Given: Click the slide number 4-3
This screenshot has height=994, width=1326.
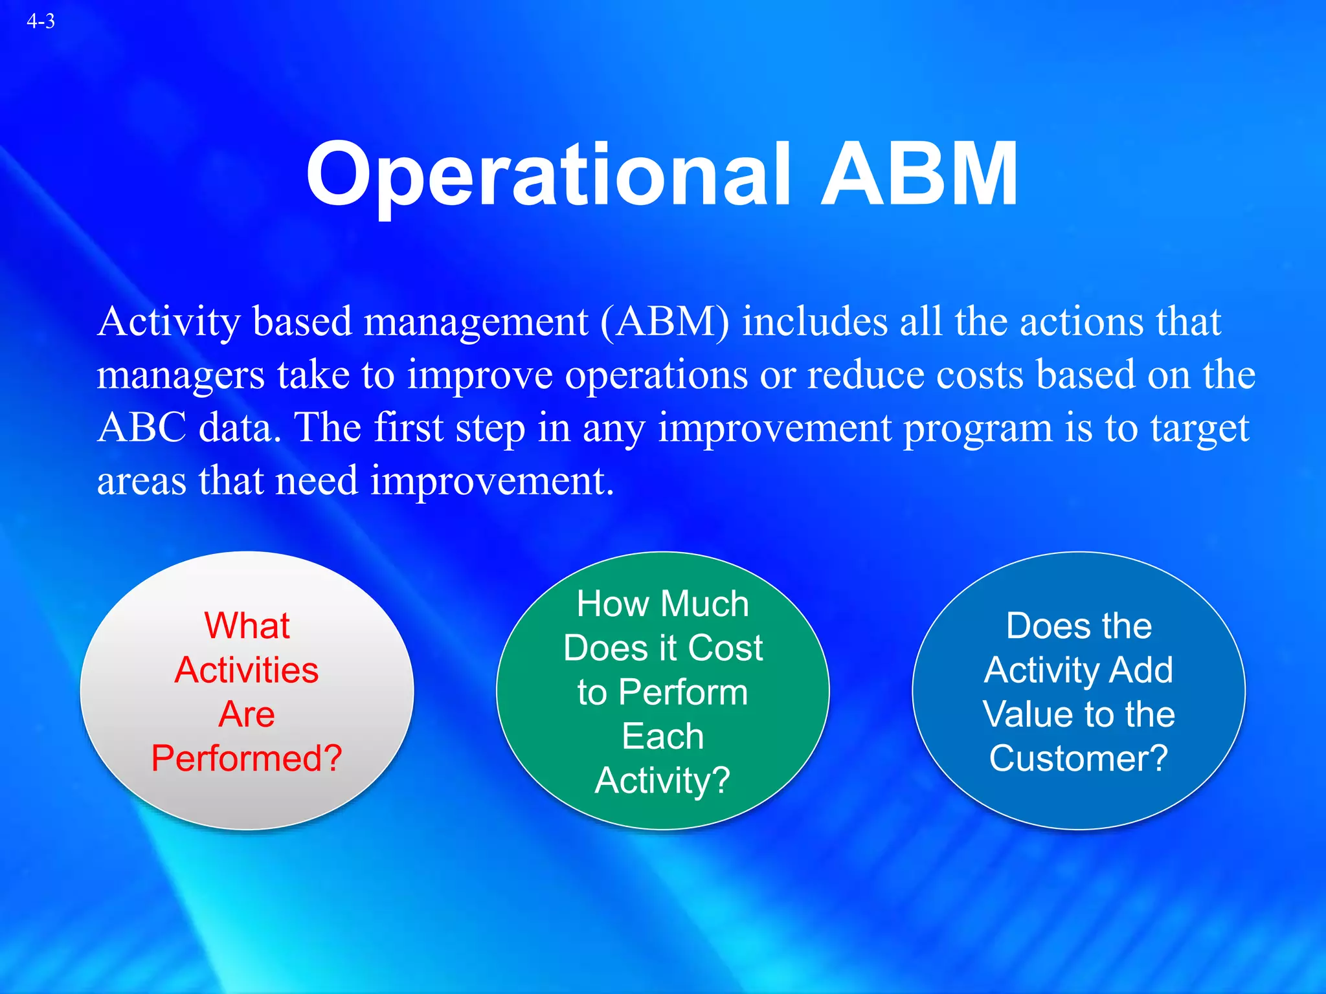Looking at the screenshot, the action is coord(41,21).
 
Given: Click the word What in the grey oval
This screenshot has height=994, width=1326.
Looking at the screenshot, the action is coord(247,626).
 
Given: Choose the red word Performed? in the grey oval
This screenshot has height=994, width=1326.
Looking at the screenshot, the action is coord(247,758).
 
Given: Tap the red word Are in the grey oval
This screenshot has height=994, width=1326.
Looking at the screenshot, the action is coord(247,714).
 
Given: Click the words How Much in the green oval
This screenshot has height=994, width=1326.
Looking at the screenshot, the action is coord(663,604).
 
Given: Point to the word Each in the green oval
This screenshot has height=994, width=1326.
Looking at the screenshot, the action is coord(663,736).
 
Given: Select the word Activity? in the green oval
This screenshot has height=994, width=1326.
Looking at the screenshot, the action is coord(663,781).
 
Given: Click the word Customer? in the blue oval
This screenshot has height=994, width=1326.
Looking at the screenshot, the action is coord(1079,758).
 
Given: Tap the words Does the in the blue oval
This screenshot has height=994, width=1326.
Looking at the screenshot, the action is coord(1079,626).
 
